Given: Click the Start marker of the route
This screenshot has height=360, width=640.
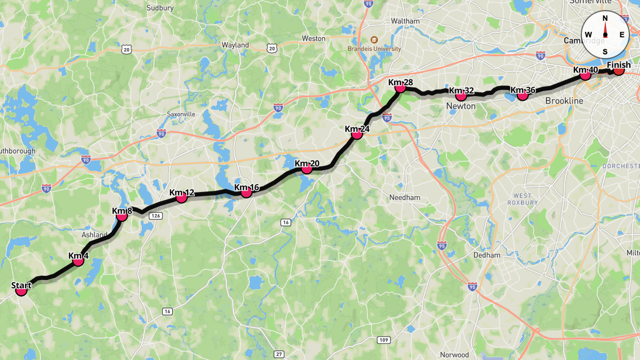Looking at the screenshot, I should click(21, 291).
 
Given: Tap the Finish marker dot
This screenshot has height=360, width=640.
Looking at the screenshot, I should click(619, 70).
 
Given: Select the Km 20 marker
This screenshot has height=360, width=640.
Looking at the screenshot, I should click(307, 169).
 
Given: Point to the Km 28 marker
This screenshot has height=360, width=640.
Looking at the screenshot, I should click(401, 87).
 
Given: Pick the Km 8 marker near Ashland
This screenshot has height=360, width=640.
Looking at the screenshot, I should click(122, 215).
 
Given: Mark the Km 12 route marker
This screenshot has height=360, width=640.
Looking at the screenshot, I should click(181, 198).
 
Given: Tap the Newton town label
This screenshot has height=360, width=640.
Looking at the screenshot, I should click(460, 106).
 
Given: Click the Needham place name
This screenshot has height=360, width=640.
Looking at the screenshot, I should click(405, 197).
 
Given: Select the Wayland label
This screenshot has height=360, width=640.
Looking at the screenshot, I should click(235, 45).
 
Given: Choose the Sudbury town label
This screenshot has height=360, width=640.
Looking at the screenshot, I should click(161, 8).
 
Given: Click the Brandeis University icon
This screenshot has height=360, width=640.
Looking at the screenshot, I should click(373, 39).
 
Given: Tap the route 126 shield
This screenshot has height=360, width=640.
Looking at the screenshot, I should click(156, 215).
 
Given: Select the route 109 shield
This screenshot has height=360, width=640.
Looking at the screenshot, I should click(384, 340).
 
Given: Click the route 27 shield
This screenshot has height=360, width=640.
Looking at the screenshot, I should click(279, 354).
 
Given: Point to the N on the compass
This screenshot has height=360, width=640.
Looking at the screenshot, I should click(605, 18).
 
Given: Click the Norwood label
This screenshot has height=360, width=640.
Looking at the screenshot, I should click(454, 355).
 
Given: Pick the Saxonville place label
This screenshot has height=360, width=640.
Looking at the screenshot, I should click(181, 114).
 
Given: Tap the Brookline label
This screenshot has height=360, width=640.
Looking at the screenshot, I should click(564, 101).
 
